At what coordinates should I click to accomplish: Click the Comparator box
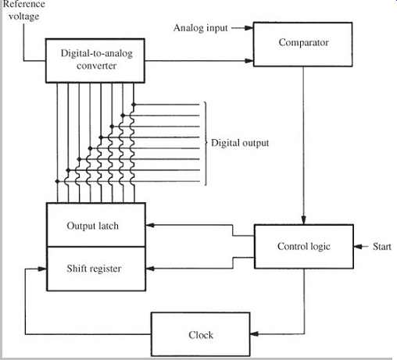click(x=302, y=45)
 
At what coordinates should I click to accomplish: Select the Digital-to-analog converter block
click(x=95, y=61)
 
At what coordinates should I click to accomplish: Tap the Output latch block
click(x=96, y=224)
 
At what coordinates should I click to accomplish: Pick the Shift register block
click(x=96, y=269)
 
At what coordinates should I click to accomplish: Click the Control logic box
click(x=304, y=246)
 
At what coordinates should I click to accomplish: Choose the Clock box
click(x=201, y=334)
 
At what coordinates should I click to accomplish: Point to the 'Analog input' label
click(x=201, y=28)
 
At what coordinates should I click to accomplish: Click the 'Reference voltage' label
click(x=23, y=10)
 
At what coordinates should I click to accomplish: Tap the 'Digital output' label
click(x=240, y=143)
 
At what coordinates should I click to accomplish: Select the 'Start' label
click(x=381, y=246)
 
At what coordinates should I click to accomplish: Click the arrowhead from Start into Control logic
click(x=358, y=246)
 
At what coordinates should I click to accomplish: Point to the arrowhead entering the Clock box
click(x=254, y=333)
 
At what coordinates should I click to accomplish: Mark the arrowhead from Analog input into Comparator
click(x=249, y=28)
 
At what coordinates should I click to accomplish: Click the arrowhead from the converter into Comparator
click(x=249, y=61)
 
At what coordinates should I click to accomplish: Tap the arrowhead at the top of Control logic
click(x=303, y=220)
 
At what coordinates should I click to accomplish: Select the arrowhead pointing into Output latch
click(x=150, y=225)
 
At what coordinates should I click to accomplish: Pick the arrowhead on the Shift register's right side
click(x=150, y=269)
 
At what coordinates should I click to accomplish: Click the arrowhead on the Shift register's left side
click(x=42, y=269)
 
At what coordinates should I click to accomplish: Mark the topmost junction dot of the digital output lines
click(x=134, y=105)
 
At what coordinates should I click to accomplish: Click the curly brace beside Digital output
click(x=206, y=143)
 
